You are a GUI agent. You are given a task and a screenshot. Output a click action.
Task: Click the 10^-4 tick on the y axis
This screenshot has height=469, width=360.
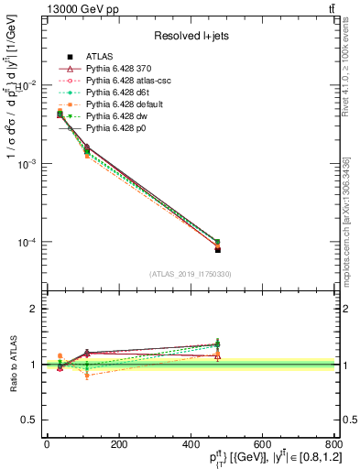27,243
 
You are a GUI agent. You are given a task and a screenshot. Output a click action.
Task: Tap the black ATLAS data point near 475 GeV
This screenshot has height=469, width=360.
217,249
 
